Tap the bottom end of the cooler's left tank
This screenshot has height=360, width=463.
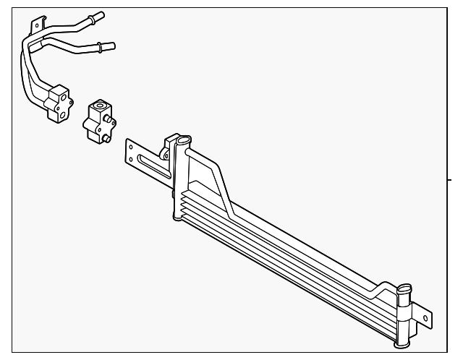pyautogui.click(x=177, y=217)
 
